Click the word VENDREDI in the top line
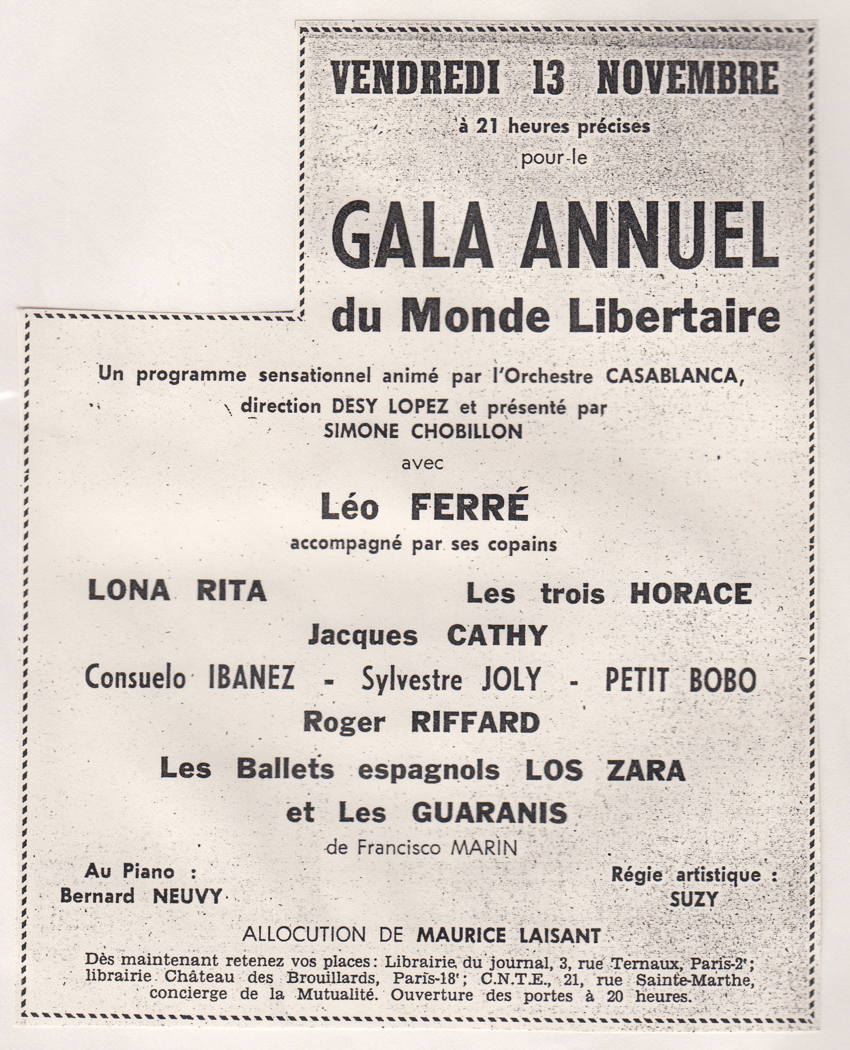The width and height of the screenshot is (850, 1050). click(x=415, y=78)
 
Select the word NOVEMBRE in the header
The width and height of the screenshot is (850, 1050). click(x=688, y=78)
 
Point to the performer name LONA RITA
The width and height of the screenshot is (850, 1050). click(x=177, y=591)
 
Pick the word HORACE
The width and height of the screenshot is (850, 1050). click(x=690, y=594)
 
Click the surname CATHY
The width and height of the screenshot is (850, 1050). click(x=497, y=636)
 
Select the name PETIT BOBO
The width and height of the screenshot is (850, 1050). click(x=681, y=680)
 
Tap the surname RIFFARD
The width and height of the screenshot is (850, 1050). click(x=475, y=723)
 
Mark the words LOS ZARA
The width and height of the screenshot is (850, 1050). click(x=605, y=771)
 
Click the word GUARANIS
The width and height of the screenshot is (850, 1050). click(x=490, y=814)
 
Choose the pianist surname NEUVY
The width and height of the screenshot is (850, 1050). click(x=187, y=896)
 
